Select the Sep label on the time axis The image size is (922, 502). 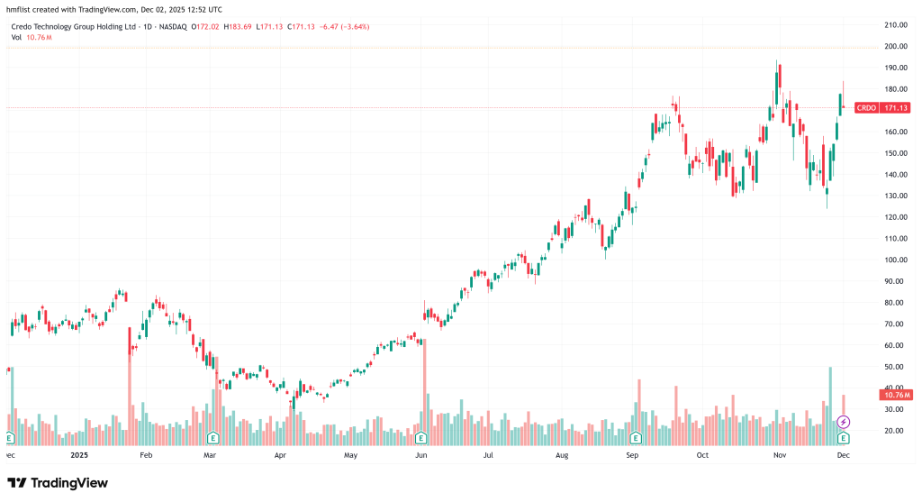[632, 455]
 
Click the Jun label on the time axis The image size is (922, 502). [420, 455]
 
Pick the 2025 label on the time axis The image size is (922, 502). [81, 455]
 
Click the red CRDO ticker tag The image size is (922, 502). [864, 107]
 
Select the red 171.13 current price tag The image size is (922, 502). [894, 107]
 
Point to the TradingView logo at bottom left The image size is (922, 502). [58, 483]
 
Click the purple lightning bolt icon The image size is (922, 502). [844, 422]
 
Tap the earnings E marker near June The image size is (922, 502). [420, 438]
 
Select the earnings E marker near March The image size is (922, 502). [213, 438]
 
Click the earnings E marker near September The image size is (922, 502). [636, 438]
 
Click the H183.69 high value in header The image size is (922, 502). [237, 27]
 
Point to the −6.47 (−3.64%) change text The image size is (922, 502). [342, 27]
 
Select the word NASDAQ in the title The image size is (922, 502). [173, 27]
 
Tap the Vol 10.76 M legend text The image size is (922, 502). [31, 38]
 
